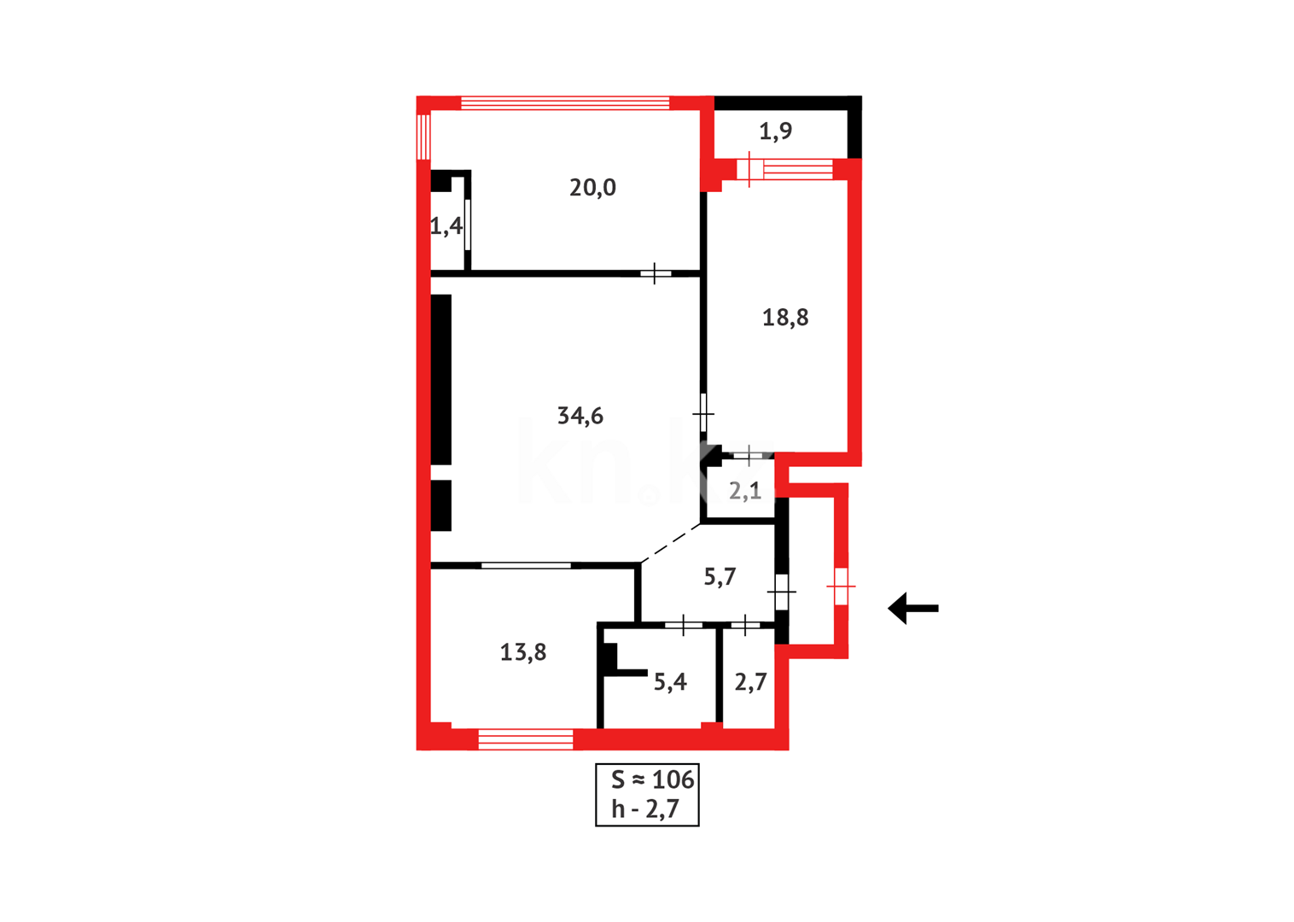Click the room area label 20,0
pyautogui.click(x=592, y=188)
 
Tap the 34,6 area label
pyautogui.click(x=580, y=416)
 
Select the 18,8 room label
pyautogui.click(x=785, y=318)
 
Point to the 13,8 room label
pyautogui.click(x=523, y=652)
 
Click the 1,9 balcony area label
pyautogui.click(x=775, y=131)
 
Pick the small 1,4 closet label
pyautogui.click(x=446, y=226)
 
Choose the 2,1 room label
pyautogui.click(x=745, y=491)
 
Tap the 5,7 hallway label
pyautogui.click(x=720, y=577)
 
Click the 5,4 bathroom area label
pyautogui.click(x=670, y=681)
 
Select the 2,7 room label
pyautogui.click(x=750, y=681)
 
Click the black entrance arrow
pyautogui.click(x=912, y=609)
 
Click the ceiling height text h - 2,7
pyautogui.click(x=645, y=808)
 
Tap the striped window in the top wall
pyautogui.click(x=564, y=103)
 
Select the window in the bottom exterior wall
pyautogui.click(x=525, y=739)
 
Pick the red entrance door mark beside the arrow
pyautogui.click(x=841, y=586)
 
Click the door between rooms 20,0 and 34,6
pyautogui.click(x=655, y=273)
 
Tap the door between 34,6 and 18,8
pyautogui.click(x=703, y=414)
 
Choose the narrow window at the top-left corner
pyautogui.click(x=423, y=136)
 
